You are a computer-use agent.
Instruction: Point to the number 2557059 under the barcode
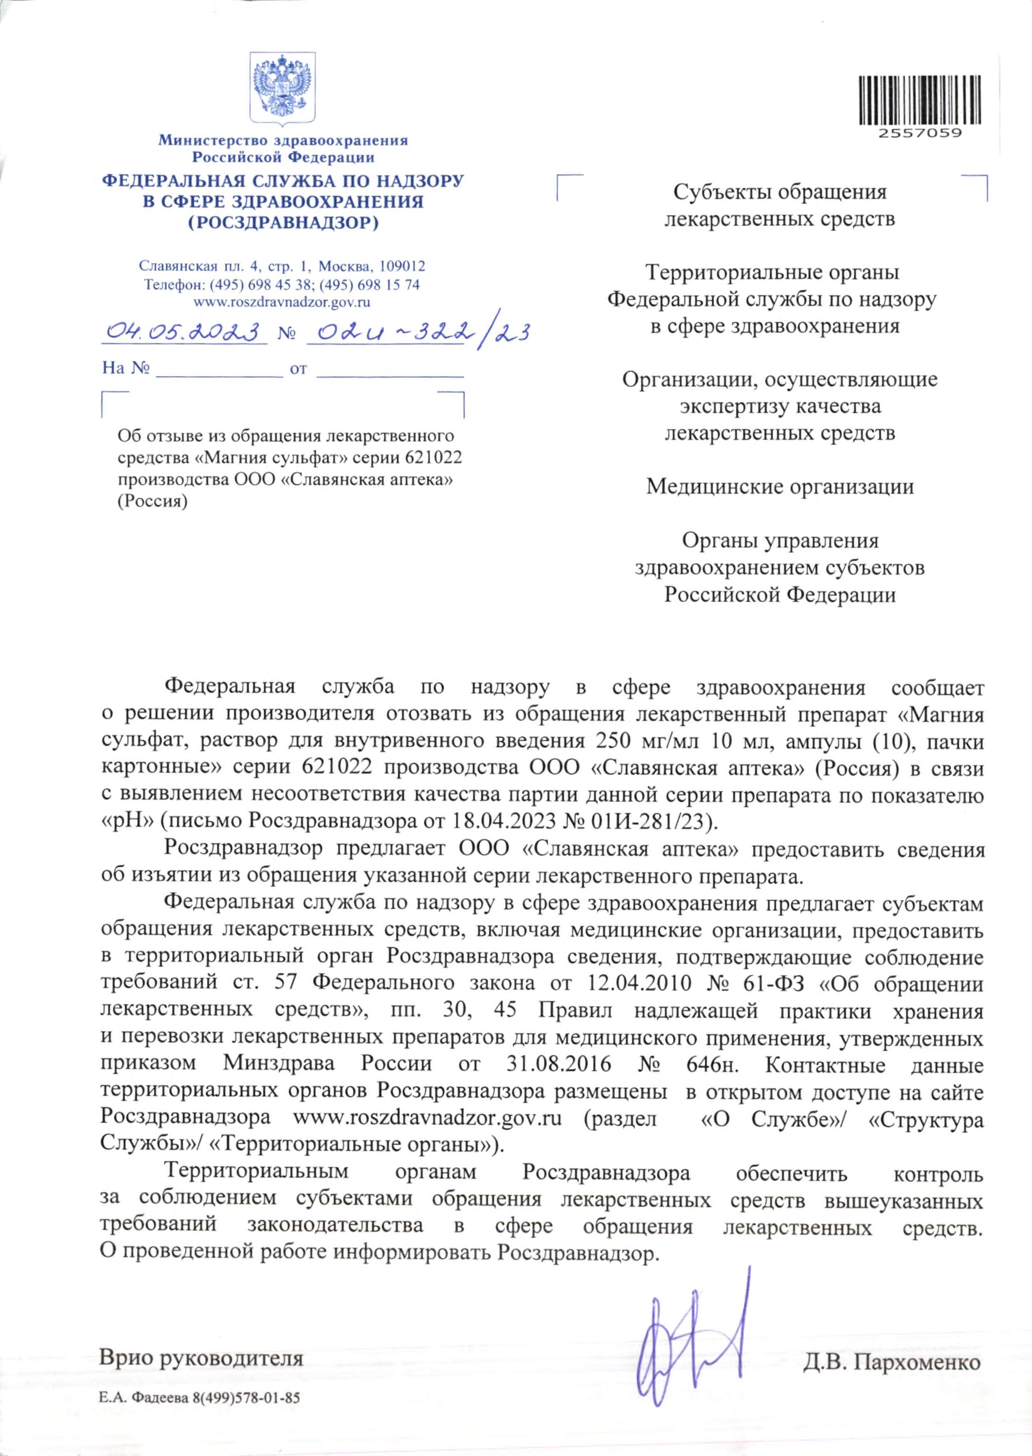tap(920, 134)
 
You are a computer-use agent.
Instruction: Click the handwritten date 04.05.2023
tap(184, 331)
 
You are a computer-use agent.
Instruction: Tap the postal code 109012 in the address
tap(402, 266)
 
